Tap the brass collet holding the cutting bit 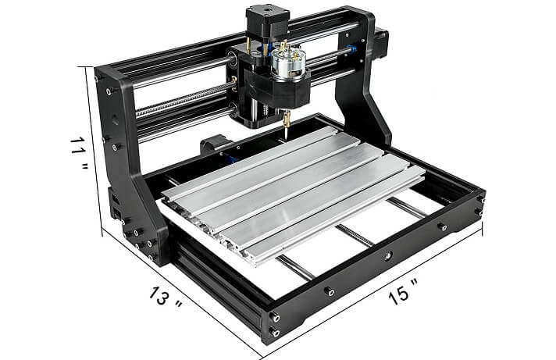pyautogui.click(x=286, y=119)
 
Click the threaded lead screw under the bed pyautogui.click(x=355, y=235)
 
